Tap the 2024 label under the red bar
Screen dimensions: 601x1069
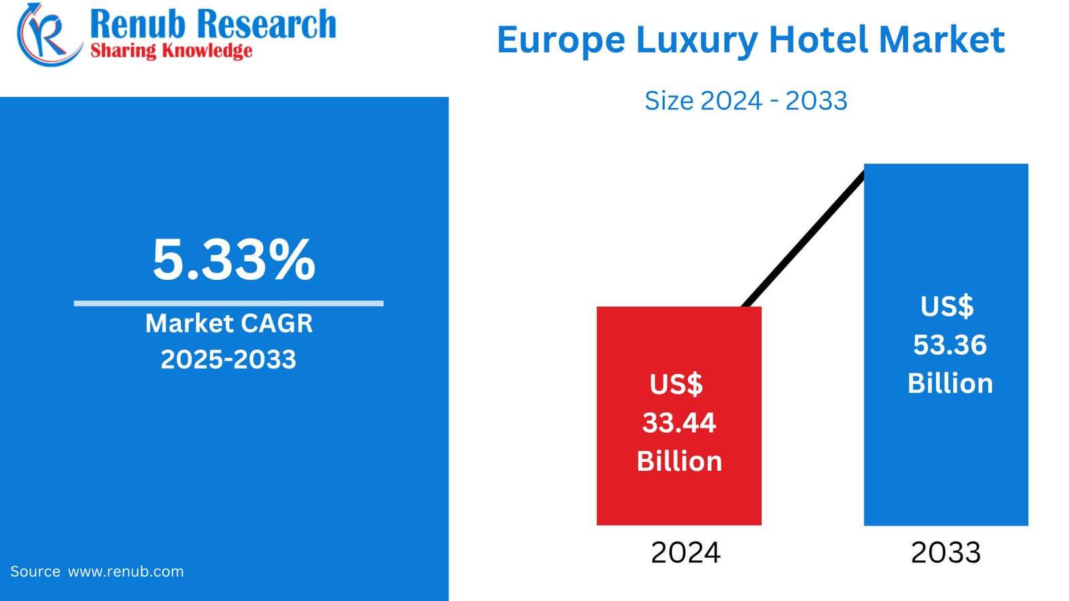(685, 553)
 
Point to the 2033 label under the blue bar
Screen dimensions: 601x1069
(945, 553)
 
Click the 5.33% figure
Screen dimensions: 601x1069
(234, 260)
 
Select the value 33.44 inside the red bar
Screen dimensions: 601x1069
(679, 423)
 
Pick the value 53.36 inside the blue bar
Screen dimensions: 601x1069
(949, 345)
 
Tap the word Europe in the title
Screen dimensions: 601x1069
(561, 40)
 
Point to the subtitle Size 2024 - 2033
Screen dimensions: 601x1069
(746, 101)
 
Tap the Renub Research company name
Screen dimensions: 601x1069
(212, 24)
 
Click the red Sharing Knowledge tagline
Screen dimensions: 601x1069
(171, 51)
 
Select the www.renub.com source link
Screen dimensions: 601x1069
(126, 572)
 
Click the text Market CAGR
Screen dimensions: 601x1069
(228, 323)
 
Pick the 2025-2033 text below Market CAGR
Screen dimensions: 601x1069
(228, 359)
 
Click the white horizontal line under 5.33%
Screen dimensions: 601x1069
(228, 303)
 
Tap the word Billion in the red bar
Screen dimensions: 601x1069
(679, 461)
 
